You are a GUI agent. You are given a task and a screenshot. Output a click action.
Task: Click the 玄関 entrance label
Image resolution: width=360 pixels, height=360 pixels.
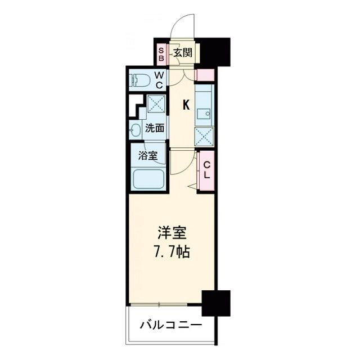coord(182,53)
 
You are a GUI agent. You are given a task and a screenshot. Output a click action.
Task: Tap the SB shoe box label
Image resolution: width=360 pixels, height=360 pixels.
coord(160,53)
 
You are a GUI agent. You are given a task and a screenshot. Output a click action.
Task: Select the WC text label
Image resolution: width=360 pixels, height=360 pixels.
coord(159,80)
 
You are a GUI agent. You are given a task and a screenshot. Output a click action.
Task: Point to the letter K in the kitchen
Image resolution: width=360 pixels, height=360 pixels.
coord(186,104)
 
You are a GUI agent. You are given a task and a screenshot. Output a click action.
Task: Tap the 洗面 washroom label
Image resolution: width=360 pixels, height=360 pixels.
coord(155,128)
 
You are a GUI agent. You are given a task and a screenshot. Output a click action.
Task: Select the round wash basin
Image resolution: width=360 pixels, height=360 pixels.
coord(135,130)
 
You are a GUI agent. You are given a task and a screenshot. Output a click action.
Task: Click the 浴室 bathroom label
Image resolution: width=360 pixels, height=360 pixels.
coord(148,155)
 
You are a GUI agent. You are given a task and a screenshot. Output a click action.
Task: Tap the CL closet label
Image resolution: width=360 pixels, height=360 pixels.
coord(206,170)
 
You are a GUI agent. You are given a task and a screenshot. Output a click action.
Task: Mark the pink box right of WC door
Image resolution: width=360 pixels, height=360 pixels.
coord(206,75)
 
